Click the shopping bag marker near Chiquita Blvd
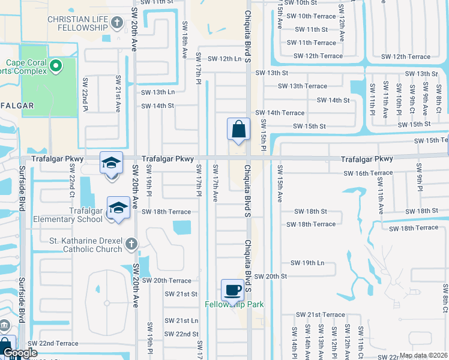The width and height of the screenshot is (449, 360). coord(238,129)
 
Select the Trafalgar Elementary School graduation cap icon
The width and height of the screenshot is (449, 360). coord(118,208)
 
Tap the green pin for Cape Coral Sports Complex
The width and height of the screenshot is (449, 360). coord(55,65)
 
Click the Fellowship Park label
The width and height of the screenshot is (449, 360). coord(234,304)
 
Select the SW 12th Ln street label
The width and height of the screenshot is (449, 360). coord(224,59)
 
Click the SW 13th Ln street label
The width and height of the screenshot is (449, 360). coord(158,92)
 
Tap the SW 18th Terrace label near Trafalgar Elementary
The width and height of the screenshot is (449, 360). coord(166,212)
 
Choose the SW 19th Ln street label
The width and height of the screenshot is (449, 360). coord(307,263)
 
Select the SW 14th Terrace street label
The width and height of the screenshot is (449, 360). coord(280,112)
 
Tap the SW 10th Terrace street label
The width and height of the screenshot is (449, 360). coord(316,16)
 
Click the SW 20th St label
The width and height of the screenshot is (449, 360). coord(271,276)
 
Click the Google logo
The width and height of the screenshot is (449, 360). coord(20,353)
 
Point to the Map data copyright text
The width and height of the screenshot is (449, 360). coord(423,355)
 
